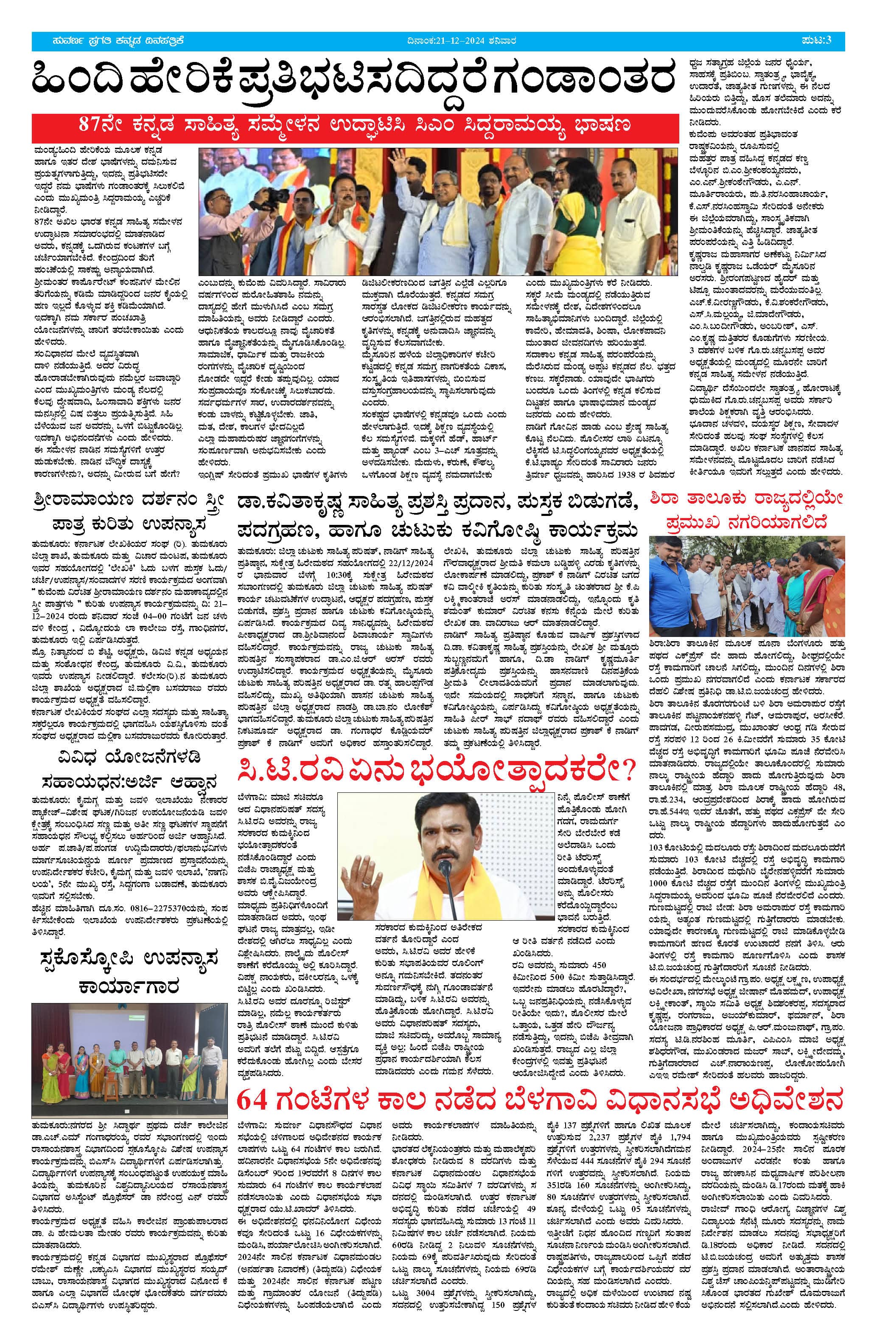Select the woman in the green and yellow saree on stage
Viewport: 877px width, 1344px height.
pyautogui.click(x=578, y=226)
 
